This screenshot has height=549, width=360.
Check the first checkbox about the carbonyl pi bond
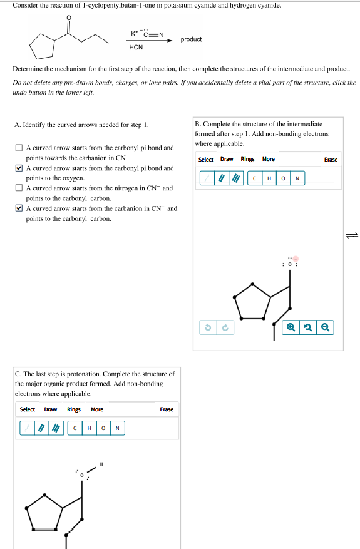tap(19, 148)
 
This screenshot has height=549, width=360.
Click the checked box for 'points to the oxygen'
tap(19, 168)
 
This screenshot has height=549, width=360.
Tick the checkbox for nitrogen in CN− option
tap(19, 188)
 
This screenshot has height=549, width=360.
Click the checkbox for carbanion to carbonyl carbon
tap(19, 208)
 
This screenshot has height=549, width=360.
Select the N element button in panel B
tap(297, 178)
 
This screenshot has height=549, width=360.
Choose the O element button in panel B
tap(283, 178)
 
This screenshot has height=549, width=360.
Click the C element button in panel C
tap(75, 428)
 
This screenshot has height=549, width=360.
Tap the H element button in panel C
tap(90, 428)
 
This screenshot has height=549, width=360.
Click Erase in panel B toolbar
tap(331, 159)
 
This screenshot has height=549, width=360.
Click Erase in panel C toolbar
tap(167, 409)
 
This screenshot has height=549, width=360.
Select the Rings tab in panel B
tap(247, 159)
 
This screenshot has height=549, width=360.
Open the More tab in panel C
tap(97, 409)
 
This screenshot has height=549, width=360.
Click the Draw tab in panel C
tap(51, 409)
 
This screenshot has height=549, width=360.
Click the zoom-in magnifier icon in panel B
tap(291, 327)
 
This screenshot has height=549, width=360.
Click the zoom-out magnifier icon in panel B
tap(326, 327)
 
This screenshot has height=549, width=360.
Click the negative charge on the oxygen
tap(296, 259)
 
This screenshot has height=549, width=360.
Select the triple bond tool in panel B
tap(236, 178)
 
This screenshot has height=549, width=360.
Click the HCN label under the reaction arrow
tap(136, 48)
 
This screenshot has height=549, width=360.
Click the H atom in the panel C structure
tap(101, 464)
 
